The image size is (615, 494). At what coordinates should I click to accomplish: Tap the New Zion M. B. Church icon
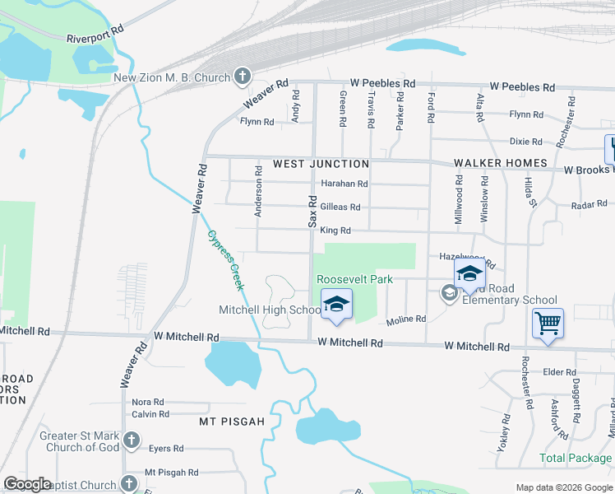242,79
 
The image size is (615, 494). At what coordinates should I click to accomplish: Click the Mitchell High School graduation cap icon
335,305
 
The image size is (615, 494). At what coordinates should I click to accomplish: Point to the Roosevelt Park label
354,280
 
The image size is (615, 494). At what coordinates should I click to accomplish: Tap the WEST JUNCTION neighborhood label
321,164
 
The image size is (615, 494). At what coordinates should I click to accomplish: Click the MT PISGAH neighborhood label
232,422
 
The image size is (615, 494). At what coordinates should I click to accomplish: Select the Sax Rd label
312,212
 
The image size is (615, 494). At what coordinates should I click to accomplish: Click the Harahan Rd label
344,184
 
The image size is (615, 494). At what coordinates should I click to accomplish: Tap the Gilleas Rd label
340,207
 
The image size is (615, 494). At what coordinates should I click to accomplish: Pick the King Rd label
335,231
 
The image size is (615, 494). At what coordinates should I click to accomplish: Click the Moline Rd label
406,319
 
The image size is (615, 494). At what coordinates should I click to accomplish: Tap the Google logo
28,484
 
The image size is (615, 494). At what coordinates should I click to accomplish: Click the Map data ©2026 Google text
563,487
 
